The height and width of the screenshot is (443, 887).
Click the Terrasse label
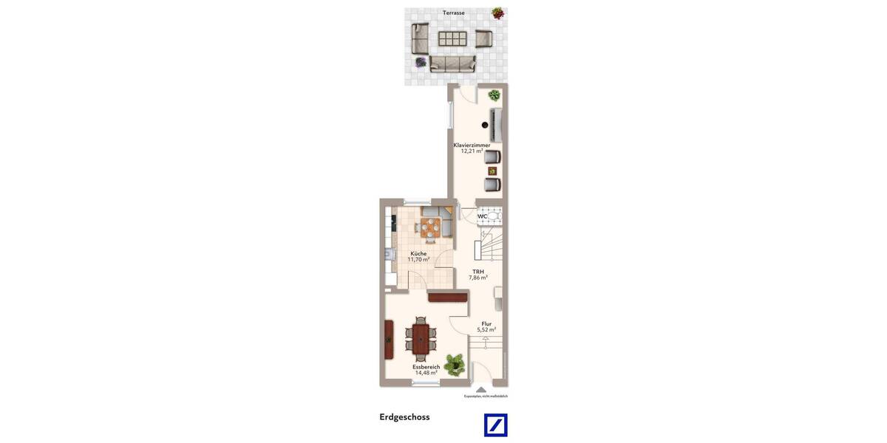point(454,13)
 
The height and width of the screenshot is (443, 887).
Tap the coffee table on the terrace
point(452,38)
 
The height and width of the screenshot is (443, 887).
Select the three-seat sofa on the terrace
point(452,64)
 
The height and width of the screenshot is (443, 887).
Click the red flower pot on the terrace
point(498,13)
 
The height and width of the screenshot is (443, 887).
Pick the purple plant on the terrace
point(421,62)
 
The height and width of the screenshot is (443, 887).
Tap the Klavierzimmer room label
point(472,145)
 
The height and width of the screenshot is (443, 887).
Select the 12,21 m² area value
point(472,151)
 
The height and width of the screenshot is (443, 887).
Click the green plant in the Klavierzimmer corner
point(494,95)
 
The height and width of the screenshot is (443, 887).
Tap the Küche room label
point(418,253)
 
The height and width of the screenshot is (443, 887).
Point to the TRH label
point(478,272)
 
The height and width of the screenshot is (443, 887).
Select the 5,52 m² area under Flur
point(486,329)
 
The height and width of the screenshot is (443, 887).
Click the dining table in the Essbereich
point(421,339)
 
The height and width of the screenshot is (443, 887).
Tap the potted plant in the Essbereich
point(455,363)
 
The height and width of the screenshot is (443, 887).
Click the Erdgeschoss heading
point(404,417)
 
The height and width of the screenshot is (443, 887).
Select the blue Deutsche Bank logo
point(495,425)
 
